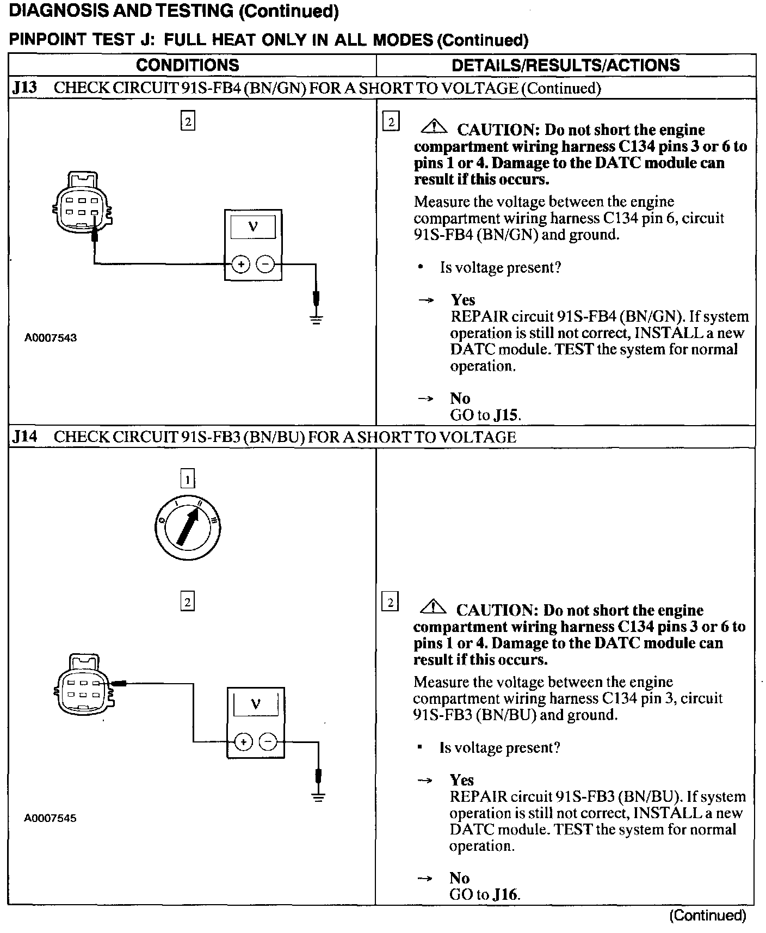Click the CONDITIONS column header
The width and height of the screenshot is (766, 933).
click(x=187, y=65)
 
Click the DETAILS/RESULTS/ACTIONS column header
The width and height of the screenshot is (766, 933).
click(x=566, y=65)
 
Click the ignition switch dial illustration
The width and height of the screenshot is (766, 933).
click(x=187, y=527)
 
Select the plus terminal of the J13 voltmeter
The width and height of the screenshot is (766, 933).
click(x=240, y=265)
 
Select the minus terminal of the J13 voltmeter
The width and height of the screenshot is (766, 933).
click(x=265, y=265)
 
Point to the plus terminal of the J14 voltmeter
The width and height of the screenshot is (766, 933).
click(x=243, y=742)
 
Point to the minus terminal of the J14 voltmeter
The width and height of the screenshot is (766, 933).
click(x=268, y=742)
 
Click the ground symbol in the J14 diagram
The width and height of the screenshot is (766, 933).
click(x=319, y=796)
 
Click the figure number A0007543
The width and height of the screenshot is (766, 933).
click(x=51, y=338)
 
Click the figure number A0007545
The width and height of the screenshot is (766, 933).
click(x=51, y=818)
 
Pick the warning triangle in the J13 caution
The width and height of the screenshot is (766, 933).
click(x=434, y=128)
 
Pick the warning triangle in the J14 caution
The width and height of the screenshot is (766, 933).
click(x=433, y=608)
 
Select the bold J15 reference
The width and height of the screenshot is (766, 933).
click(x=506, y=415)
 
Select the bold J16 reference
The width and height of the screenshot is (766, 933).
click(x=505, y=894)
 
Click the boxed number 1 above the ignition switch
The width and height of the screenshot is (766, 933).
click(x=187, y=480)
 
